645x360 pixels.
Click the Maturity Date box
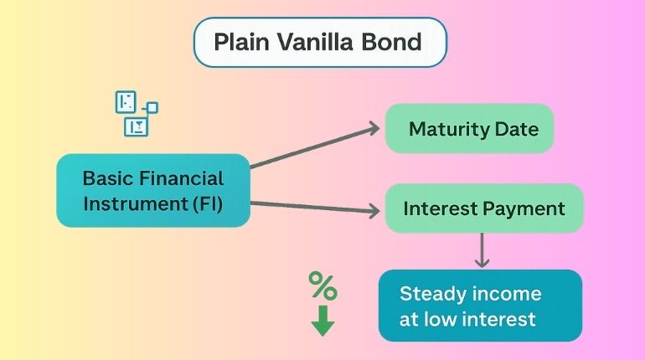pos(469,129)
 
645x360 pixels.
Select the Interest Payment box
pos(483,208)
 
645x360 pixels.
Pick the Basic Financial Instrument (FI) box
pos(153,190)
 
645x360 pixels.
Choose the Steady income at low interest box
pos(479,306)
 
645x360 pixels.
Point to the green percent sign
pos(322,286)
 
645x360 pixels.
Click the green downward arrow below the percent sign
pos(322,321)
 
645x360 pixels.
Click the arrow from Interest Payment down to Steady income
pos(482,250)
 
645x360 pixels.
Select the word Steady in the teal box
pos(430,294)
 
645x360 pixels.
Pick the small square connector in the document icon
pos(152,107)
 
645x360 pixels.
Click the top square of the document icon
pos(126,102)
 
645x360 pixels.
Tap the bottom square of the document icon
pos(135,126)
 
